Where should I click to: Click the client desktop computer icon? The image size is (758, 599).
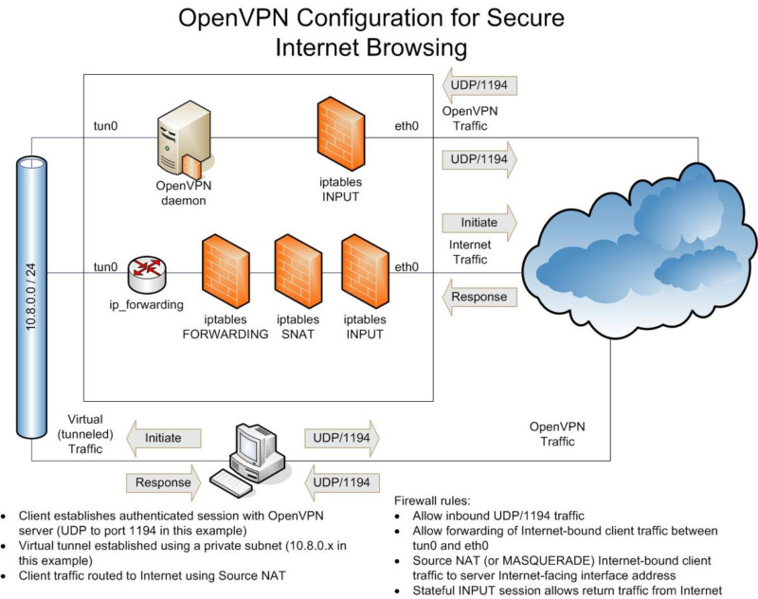pyautogui.click(x=255, y=455)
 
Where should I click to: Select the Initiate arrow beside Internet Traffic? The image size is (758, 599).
pyautogui.click(x=479, y=224)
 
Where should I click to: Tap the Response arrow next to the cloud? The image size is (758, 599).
pyautogui.click(x=479, y=296)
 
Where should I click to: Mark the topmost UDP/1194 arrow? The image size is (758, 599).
pyautogui.click(x=479, y=87)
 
